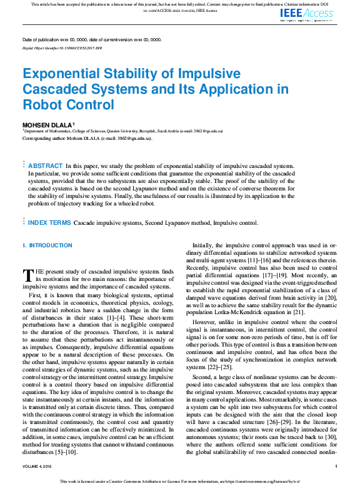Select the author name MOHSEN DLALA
pyautogui.click(x=47, y=125)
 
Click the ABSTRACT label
pyautogui.click(x=45, y=165)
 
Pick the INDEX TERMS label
pyautogui.click(x=49, y=222)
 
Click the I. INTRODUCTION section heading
pyautogui.click(x=47, y=245)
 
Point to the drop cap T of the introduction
pyautogui.click(x=27, y=275)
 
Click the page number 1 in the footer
pyautogui.click(x=336, y=466)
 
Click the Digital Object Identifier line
pyautogui.click(x=62, y=47)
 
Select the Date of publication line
pyautogui.click(x=92, y=40)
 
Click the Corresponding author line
pyautogui.click(x=87, y=138)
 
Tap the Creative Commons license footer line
pyautogui.click(x=180, y=482)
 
